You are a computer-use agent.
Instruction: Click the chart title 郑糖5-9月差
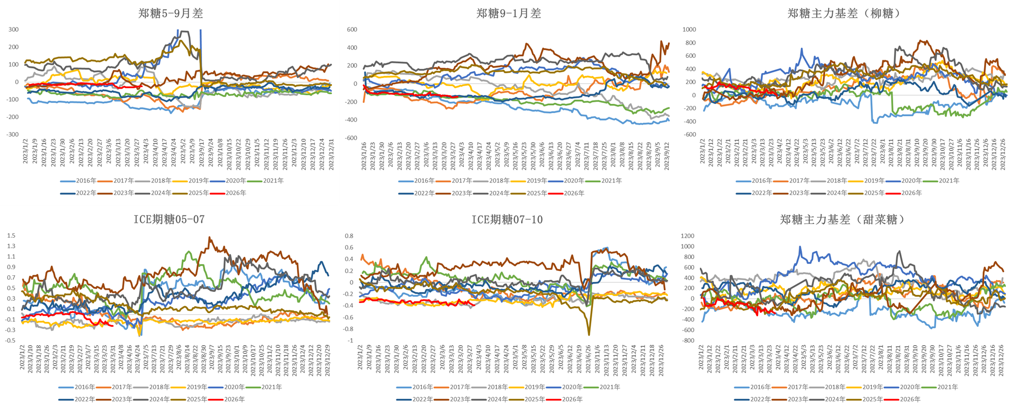(171, 14)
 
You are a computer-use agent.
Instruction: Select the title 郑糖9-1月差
(509, 14)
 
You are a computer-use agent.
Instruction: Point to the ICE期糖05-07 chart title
(169, 219)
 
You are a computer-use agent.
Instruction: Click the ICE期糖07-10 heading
(507, 219)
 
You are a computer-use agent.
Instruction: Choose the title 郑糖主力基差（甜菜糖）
(843, 219)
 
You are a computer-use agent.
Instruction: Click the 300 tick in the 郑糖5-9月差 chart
(14, 29)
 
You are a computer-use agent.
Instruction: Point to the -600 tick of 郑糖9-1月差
(352, 138)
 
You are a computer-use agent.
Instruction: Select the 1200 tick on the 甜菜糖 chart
(688, 236)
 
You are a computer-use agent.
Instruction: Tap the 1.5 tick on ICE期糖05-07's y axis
(11, 236)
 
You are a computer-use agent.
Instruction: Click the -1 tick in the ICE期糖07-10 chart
(350, 341)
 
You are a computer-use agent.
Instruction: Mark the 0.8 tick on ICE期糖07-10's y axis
(349, 236)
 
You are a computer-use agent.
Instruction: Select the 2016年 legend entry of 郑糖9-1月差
(424, 181)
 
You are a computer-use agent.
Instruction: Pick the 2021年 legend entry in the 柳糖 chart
(949, 181)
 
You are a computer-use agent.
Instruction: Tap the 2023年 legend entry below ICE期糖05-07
(122, 399)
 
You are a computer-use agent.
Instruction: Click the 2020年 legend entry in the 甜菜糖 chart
(910, 387)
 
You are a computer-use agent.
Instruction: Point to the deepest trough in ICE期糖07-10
(589, 334)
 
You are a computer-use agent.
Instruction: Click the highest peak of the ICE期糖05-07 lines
(210, 237)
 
